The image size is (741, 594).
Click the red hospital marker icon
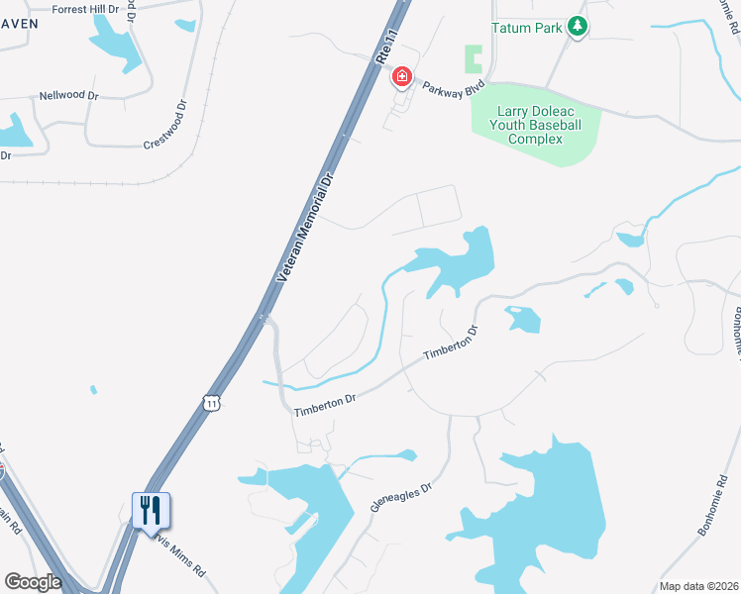click(402, 76)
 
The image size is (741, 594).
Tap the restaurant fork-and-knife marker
click(151, 511)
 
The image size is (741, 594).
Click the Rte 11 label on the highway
click(388, 47)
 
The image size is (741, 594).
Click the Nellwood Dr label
click(68, 96)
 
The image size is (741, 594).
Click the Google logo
click(33, 582)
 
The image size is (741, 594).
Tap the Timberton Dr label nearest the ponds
click(451, 343)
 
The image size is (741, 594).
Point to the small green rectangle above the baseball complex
click(475, 59)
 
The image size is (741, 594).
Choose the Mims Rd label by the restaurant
click(179, 559)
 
